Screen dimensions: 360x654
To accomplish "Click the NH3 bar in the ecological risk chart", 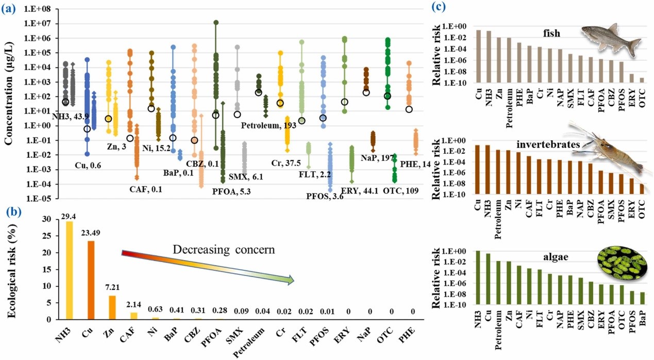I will (x=69, y=271).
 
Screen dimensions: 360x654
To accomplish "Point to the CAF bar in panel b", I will (x=134, y=316).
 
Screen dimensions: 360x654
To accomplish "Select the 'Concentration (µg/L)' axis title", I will (x=9, y=103).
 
